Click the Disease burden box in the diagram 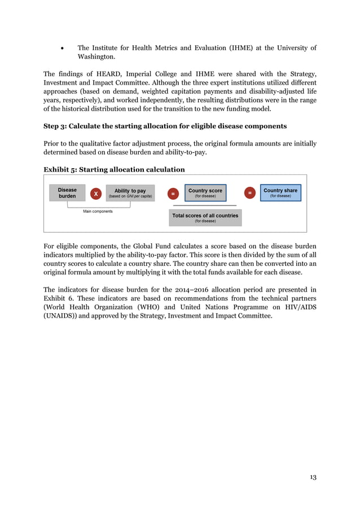67,193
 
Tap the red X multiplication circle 96,194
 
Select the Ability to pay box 130,193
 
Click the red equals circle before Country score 173,194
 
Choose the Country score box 205,193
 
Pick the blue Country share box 280,193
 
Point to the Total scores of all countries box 205,217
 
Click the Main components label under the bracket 98,212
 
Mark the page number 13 313,477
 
